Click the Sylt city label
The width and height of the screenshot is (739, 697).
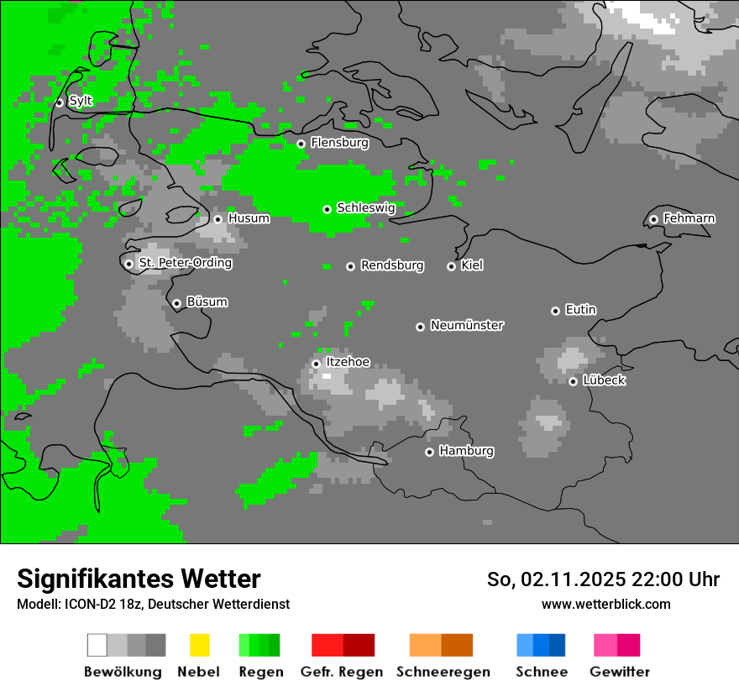(x=81, y=101)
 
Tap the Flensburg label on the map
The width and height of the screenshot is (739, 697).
(x=339, y=143)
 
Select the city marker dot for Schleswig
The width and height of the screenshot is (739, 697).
(x=327, y=209)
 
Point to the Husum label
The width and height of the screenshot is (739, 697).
(x=249, y=218)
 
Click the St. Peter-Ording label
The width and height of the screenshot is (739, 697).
(x=185, y=263)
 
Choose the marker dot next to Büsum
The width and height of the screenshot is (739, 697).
(x=176, y=303)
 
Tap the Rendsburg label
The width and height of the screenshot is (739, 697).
(x=391, y=265)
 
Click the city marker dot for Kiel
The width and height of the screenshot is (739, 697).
(x=451, y=266)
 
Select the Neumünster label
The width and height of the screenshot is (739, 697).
(x=466, y=325)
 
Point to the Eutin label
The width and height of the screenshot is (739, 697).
(x=580, y=310)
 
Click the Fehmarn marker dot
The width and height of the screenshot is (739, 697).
(x=653, y=219)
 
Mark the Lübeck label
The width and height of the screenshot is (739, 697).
(x=604, y=380)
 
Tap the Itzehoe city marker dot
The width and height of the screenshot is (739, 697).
(x=316, y=364)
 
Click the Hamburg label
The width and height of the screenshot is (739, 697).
(x=466, y=451)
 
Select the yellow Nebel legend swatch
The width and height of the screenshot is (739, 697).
(x=199, y=645)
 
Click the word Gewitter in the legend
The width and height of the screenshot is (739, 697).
(x=619, y=672)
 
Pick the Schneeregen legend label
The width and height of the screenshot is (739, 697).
(x=442, y=672)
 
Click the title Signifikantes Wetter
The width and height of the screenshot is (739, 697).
(x=139, y=579)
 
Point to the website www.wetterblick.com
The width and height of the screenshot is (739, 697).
(x=605, y=604)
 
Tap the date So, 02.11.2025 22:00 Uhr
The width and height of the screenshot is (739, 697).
(x=603, y=579)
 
